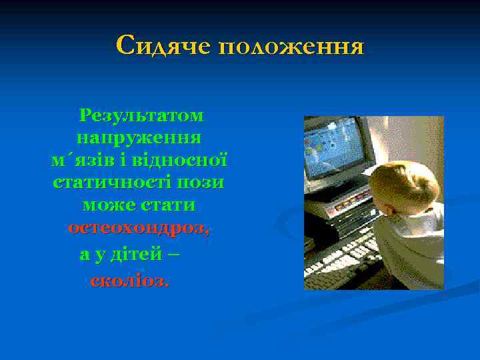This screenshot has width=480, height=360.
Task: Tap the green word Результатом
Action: [141, 115]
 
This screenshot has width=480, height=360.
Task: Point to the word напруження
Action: [139, 138]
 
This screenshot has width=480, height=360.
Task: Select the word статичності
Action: [111, 183]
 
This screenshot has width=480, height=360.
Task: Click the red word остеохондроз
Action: [137, 228]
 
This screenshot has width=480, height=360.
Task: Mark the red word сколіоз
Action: [129, 281]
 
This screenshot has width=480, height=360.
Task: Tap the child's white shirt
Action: [413, 253]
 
